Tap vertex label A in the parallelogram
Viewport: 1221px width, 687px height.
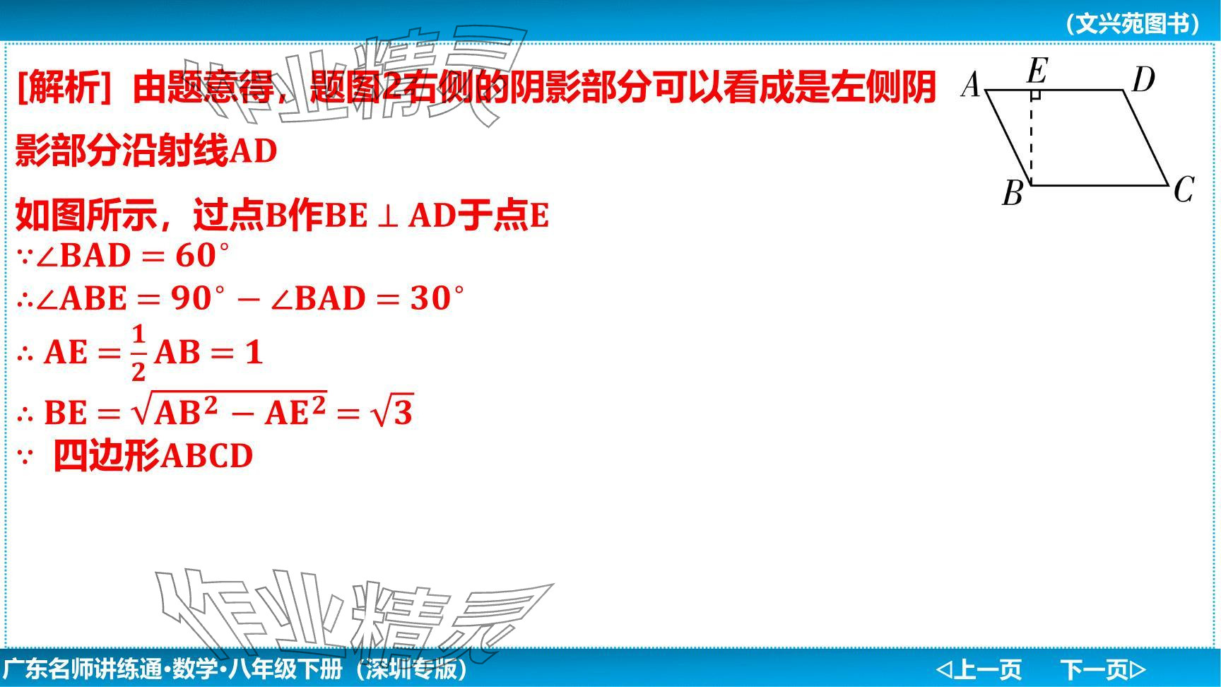click(x=972, y=85)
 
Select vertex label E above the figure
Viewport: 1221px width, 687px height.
click(x=1037, y=71)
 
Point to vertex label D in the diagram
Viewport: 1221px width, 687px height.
click(x=1143, y=80)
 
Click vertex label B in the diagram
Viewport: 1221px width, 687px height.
click(x=1013, y=193)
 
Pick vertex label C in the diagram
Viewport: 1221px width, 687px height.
click(x=1184, y=189)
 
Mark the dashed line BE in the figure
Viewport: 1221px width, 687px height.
click(x=1032, y=138)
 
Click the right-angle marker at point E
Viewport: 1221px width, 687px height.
click(x=1036, y=94)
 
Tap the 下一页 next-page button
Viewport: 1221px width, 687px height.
click(x=1103, y=669)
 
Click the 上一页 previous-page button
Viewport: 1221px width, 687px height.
click(x=979, y=669)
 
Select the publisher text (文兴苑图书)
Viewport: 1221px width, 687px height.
click(x=1133, y=24)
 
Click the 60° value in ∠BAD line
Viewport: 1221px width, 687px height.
click(x=202, y=255)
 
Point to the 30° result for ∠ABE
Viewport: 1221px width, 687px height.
click(x=437, y=298)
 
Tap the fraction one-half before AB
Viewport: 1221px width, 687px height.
click(x=138, y=352)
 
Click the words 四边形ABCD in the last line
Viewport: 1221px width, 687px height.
click(x=153, y=456)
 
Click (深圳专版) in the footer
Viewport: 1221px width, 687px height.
click(x=411, y=669)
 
